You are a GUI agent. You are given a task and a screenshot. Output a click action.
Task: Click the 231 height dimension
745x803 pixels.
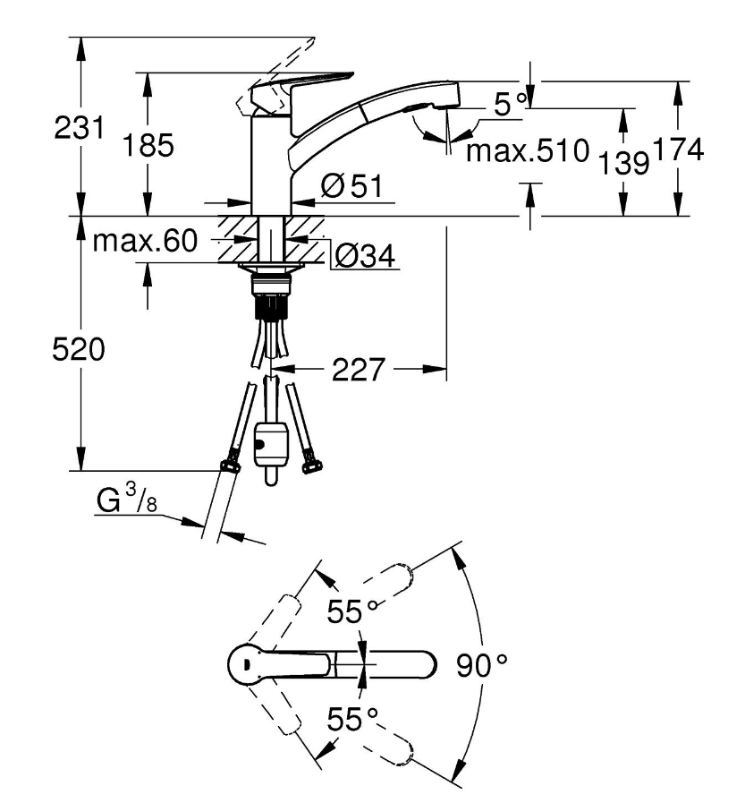click(80, 127)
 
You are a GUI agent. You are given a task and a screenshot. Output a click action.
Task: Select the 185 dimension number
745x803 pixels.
click(148, 145)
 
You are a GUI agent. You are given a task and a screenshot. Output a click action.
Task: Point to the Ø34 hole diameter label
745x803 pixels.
click(364, 255)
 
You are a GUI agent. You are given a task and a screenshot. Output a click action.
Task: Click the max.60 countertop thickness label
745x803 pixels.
click(145, 240)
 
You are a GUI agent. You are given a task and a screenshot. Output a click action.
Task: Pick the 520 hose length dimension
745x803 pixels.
click(79, 350)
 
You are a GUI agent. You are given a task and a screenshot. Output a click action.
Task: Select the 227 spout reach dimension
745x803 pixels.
click(358, 369)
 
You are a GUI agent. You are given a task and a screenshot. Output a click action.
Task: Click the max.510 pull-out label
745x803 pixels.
click(528, 150)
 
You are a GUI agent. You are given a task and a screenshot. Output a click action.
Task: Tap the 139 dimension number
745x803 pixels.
click(623, 163)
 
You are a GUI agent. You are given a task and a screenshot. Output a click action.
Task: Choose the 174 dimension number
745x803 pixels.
click(679, 149)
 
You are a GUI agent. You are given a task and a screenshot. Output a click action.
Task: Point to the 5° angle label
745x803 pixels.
click(510, 104)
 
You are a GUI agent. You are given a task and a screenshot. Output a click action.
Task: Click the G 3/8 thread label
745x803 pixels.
click(126, 499)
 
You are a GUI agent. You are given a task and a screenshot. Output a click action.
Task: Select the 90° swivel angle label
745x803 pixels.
click(481, 665)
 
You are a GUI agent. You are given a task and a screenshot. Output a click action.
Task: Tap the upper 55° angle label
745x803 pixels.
click(352, 611)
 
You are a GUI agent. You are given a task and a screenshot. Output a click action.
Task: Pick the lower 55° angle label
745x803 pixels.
click(352, 719)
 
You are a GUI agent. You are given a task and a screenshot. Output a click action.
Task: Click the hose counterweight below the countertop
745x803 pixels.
click(271, 449)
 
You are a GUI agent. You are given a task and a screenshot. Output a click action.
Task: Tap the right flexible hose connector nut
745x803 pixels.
click(312, 465)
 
